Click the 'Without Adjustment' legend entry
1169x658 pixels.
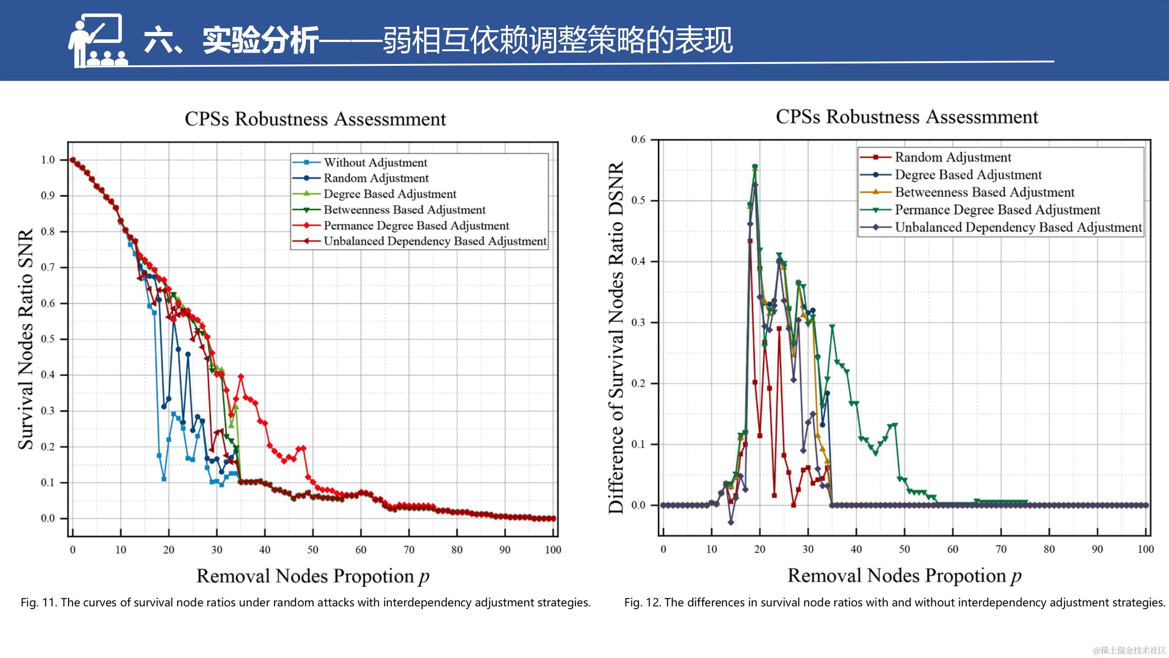click(x=375, y=163)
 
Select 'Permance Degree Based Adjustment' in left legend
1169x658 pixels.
click(x=416, y=226)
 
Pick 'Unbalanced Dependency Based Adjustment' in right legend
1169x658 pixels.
click(x=1018, y=228)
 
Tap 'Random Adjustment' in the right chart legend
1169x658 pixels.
click(x=953, y=157)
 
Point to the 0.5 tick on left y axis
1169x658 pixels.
click(x=47, y=339)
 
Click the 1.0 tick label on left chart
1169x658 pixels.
click(x=47, y=160)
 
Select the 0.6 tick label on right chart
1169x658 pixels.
click(x=638, y=139)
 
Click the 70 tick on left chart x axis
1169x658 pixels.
click(x=409, y=550)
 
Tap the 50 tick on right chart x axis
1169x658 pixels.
click(x=904, y=549)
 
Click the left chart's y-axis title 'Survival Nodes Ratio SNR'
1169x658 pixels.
click(x=26, y=339)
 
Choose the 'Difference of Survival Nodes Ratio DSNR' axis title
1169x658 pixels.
click(x=616, y=338)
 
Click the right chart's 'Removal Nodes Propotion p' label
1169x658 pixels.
click(x=904, y=576)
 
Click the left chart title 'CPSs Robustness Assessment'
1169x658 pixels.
click(x=315, y=119)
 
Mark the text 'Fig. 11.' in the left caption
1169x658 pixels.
click(x=39, y=603)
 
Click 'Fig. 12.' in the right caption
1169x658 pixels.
click(x=643, y=603)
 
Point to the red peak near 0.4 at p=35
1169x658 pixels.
click(x=241, y=377)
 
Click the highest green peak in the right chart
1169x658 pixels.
click(x=755, y=167)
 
